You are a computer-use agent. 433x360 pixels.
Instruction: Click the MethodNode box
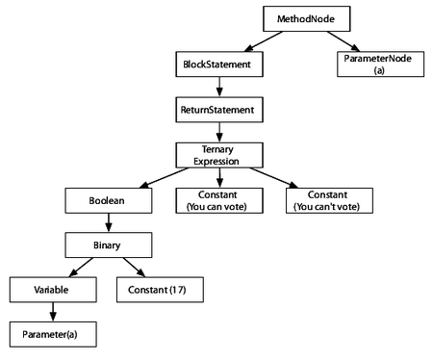[301, 18]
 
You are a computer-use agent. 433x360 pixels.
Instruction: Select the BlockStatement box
[217, 64]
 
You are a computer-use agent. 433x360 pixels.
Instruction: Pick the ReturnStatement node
[217, 111]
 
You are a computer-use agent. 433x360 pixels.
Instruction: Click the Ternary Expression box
[217, 155]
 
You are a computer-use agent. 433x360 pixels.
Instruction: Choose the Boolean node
[108, 201]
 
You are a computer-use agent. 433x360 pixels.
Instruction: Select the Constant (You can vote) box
[217, 201]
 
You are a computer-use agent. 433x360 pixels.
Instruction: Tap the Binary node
[108, 245]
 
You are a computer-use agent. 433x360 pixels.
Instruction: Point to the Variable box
[52, 288]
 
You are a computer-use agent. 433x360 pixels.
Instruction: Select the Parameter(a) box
[52, 332]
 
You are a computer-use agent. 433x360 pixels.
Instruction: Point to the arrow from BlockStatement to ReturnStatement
[217, 88]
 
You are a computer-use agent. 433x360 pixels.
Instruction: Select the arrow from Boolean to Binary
[108, 223]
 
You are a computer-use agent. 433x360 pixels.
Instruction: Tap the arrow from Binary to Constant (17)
[136, 267]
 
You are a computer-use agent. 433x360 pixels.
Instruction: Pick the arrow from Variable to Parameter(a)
[52, 310]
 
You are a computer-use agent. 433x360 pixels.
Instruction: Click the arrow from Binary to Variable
[79, 267]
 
